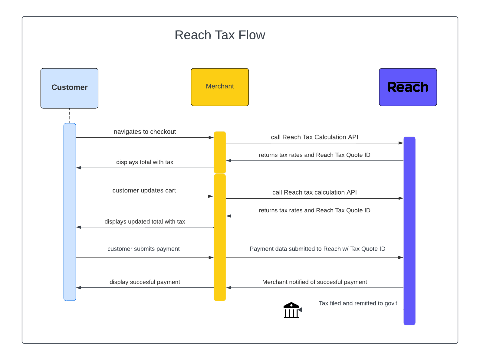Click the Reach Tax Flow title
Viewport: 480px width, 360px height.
click(220, 35)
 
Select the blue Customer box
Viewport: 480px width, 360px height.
click(69, 88)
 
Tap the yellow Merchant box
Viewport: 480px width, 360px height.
click(220, 87)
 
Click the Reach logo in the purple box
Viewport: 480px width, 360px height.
click(408, 87)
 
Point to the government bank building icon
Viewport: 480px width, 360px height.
click(291, 310)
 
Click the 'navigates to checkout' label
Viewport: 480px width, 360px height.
click(145, 132)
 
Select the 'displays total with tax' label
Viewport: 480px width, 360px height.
click(145, 162)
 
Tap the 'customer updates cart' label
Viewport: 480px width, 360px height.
click(144, 190)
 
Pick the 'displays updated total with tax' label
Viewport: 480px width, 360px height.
click(145, 221)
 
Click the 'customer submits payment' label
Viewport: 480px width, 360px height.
click(143, 249)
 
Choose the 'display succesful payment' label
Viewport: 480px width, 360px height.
click(145, 282)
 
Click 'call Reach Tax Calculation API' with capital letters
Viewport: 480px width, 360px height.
click(314, 137)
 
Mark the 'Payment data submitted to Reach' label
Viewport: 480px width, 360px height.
click(317, 249)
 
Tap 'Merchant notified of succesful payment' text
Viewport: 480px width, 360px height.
click(314, 282)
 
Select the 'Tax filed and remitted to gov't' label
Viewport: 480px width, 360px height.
click(358, 303)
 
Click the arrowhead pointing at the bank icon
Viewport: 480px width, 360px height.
click(300, 310)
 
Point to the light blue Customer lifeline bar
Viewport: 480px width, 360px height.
click(70, 212)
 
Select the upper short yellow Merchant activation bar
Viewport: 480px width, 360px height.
click(220, 152)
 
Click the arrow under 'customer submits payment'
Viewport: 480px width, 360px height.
click(145, 257)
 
